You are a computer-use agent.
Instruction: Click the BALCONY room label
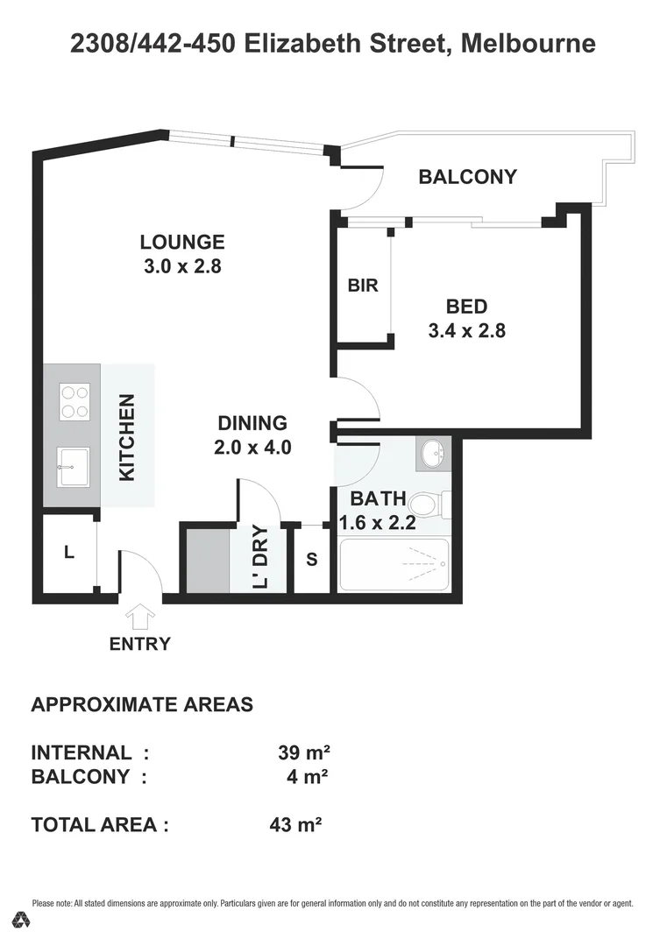point(467,177)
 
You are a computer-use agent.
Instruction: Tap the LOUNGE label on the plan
point(182,243)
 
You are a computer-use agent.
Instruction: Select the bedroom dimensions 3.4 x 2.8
point(466,331)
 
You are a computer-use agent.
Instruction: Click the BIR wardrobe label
point(363,286)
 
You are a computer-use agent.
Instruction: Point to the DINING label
point(252,423)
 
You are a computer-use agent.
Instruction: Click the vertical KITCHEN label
point(127,437)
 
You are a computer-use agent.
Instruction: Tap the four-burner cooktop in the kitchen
point(74,401)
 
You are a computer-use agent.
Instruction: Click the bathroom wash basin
point(433,454)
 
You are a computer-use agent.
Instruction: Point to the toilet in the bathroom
point(427,505)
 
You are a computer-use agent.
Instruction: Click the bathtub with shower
point(394,565)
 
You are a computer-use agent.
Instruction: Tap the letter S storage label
point(311,559)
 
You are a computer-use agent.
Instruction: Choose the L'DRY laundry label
point(259,558)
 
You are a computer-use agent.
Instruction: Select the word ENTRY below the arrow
point(139,645)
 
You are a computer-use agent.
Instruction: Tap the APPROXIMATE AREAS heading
point(142,704)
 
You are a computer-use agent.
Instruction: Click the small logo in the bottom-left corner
point(22,920)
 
